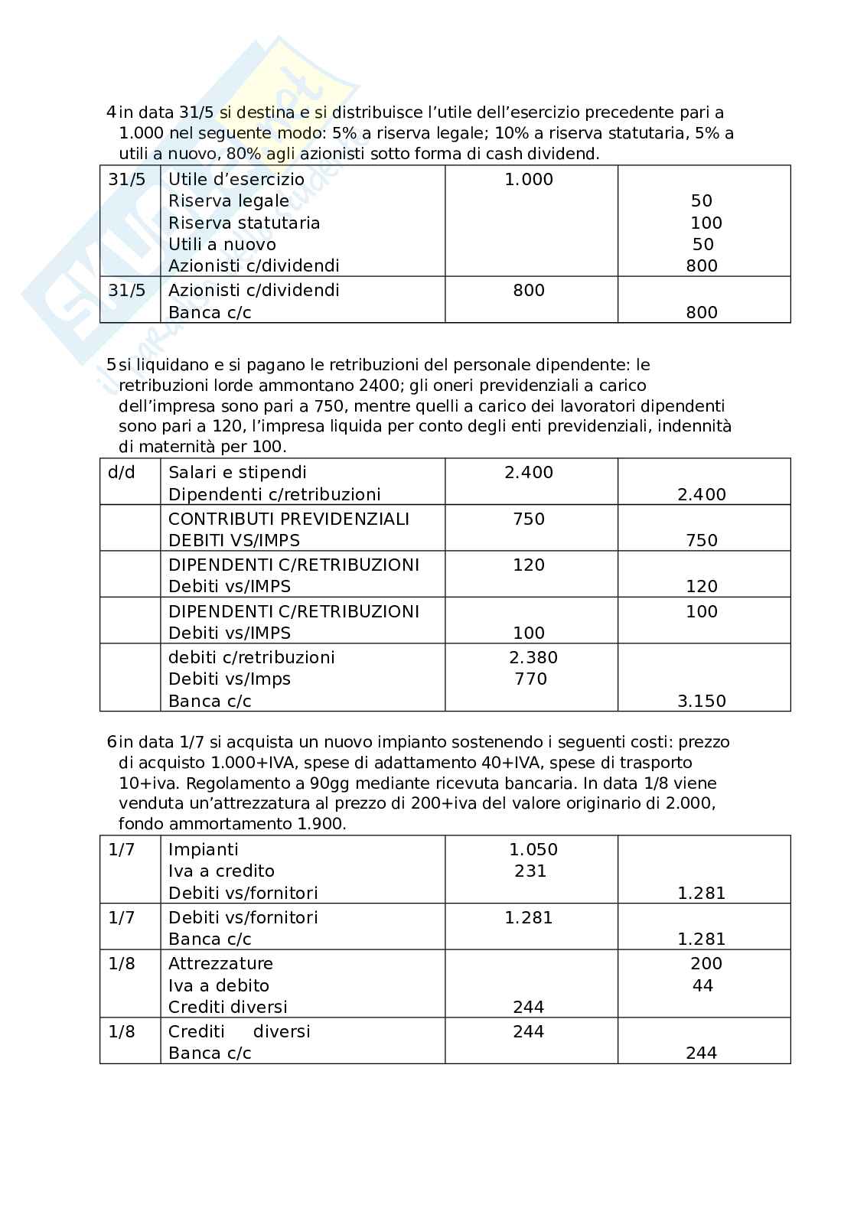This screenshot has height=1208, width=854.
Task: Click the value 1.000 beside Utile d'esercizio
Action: pos(529,180)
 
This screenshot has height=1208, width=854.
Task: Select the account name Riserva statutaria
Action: pos(243,223)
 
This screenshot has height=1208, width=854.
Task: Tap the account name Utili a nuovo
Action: pos(222,245)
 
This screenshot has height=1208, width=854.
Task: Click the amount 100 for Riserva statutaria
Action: pos(706,223)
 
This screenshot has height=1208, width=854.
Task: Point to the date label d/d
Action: pos(122,473)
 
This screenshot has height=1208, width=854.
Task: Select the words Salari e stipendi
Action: pos(237,473)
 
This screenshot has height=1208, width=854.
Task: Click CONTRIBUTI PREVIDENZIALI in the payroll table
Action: pos(288,519)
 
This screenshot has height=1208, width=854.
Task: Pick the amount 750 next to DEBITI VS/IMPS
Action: pos(702,541)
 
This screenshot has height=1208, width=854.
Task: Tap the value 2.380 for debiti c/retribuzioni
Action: pos(533,658)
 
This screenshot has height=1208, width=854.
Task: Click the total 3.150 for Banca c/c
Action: pos(702,702)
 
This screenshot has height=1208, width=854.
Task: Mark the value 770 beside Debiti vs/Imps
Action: pos(530,679)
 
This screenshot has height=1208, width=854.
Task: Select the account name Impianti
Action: pos(203,850)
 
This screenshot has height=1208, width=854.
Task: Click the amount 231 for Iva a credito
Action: pos(530,871)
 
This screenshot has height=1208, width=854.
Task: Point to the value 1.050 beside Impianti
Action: pos(533,850)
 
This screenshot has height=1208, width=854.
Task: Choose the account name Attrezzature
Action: pos(220,964)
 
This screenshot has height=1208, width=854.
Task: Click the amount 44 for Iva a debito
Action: pos(702,986)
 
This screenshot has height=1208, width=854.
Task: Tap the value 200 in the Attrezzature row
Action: pos(706,964)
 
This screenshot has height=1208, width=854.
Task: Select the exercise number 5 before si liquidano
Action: pos(111,366)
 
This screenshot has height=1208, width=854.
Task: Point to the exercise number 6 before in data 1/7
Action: pos(111,742)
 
